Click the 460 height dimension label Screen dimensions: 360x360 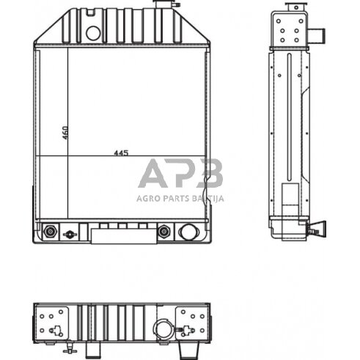tap(65, 133)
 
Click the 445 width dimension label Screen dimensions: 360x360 tap(122, 153)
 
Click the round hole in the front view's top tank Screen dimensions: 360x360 tap(92, 33)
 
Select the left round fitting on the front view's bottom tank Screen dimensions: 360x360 tap(50, 232)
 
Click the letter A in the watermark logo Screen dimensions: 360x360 tap(153, 175)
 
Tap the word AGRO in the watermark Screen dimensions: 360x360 tap(147, 197)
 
